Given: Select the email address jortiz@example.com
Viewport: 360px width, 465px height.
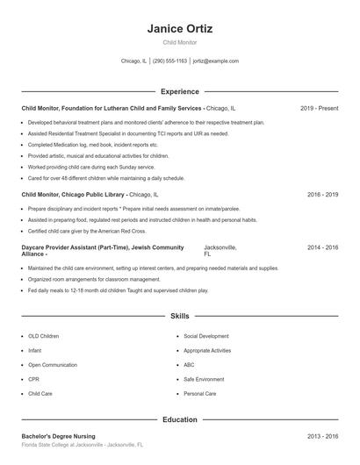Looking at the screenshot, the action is click(215, 61).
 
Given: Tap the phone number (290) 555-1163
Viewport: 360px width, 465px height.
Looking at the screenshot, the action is click(170, 61).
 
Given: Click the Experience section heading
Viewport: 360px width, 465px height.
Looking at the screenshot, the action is click(179, 91).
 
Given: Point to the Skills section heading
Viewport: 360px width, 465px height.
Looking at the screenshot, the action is click(179, 315).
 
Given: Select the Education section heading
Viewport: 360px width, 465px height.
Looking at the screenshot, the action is click(179, 419).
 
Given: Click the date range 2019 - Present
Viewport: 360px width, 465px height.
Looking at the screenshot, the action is click(319, 108).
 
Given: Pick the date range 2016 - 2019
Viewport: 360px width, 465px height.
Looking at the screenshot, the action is click(322, 194).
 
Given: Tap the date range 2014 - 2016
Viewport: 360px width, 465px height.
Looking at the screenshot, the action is click(322, 248).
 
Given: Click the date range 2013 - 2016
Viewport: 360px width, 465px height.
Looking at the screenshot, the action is click(322, 436).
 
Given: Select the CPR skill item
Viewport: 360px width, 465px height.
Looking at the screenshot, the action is click(33, 379).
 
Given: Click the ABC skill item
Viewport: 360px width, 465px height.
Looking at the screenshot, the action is click(189, 364).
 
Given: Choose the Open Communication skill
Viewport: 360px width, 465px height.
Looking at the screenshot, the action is click(52, 364).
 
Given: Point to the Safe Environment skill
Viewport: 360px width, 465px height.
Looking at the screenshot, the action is click(205, 379).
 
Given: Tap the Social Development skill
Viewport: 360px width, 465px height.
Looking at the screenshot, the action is click(206, 335).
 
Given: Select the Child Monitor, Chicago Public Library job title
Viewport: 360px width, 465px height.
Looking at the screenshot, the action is click(74, 194).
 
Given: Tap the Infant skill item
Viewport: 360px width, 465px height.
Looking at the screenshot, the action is click(34, 350).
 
